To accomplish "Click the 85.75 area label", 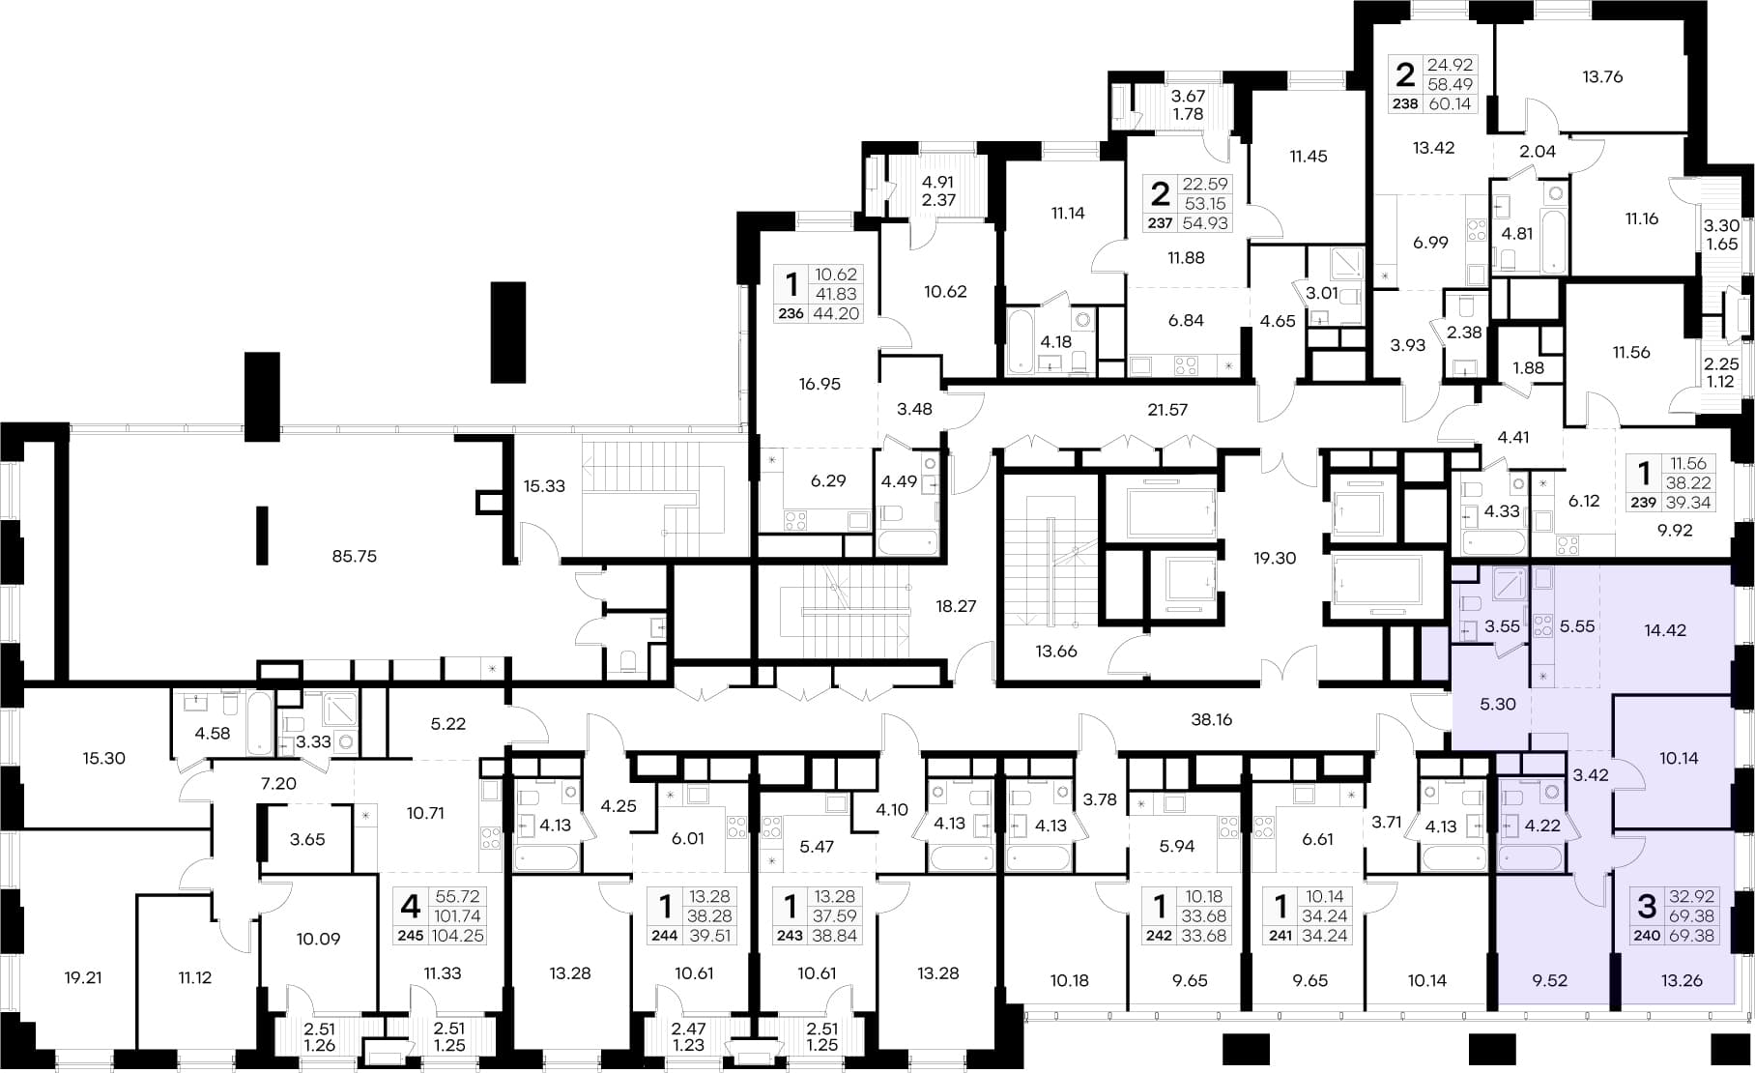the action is (x=354, y=557).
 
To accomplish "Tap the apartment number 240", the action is (x=1647, y=936).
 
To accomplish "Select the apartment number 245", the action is (x=411, y=936).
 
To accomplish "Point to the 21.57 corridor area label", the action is (x=1166, y=410).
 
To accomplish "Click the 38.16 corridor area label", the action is (x=1211, y=720).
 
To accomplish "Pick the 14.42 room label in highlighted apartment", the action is (x=1665, y=630).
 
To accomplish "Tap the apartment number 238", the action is (x=1405, y=104).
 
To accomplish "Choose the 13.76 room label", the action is (x=1602, y=77).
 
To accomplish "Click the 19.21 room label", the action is (x=82, y=978).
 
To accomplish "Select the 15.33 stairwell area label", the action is (x=544, y=486).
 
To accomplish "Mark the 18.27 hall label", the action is (x=956, y=607).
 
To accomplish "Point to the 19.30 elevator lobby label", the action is (x=1275, y=559).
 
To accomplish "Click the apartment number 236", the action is (x=791, y=313).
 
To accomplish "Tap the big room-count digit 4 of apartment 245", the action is (x=411, y=907).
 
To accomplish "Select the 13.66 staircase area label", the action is (x=1056, y=652).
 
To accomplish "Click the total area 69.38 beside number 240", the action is (x=1691, y=936).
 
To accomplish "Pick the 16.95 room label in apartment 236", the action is (x=820, y=385).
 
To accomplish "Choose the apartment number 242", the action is (x=1158, y=936).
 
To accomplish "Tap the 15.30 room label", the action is (x=103, y=759).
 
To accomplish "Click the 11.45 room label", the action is (x=1309, y=157).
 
